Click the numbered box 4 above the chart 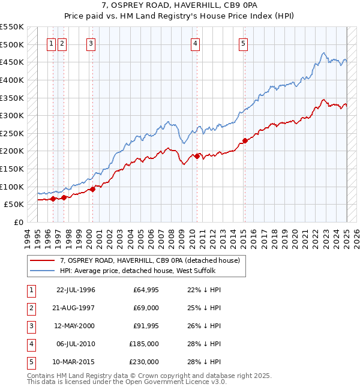pyautogui.click(x=196, y=43)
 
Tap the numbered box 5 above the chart pyautogui.click(x=243, y=43)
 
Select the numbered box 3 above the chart pyautogui.click(x=91, y=43)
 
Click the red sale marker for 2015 pyautogui.click(x=244, y=140)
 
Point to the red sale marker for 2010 pyautogui.click(x=196, y=156)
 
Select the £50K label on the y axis pyautogui.click(x=14, y=205)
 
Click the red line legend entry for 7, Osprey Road pyautogui.click(x=149, y=260)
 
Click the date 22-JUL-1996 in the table pyautogui.click(x=76, y=290)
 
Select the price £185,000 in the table pyautogui.click(x=143, y=344)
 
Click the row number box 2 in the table pyautogui.click(x=30, y=308)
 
